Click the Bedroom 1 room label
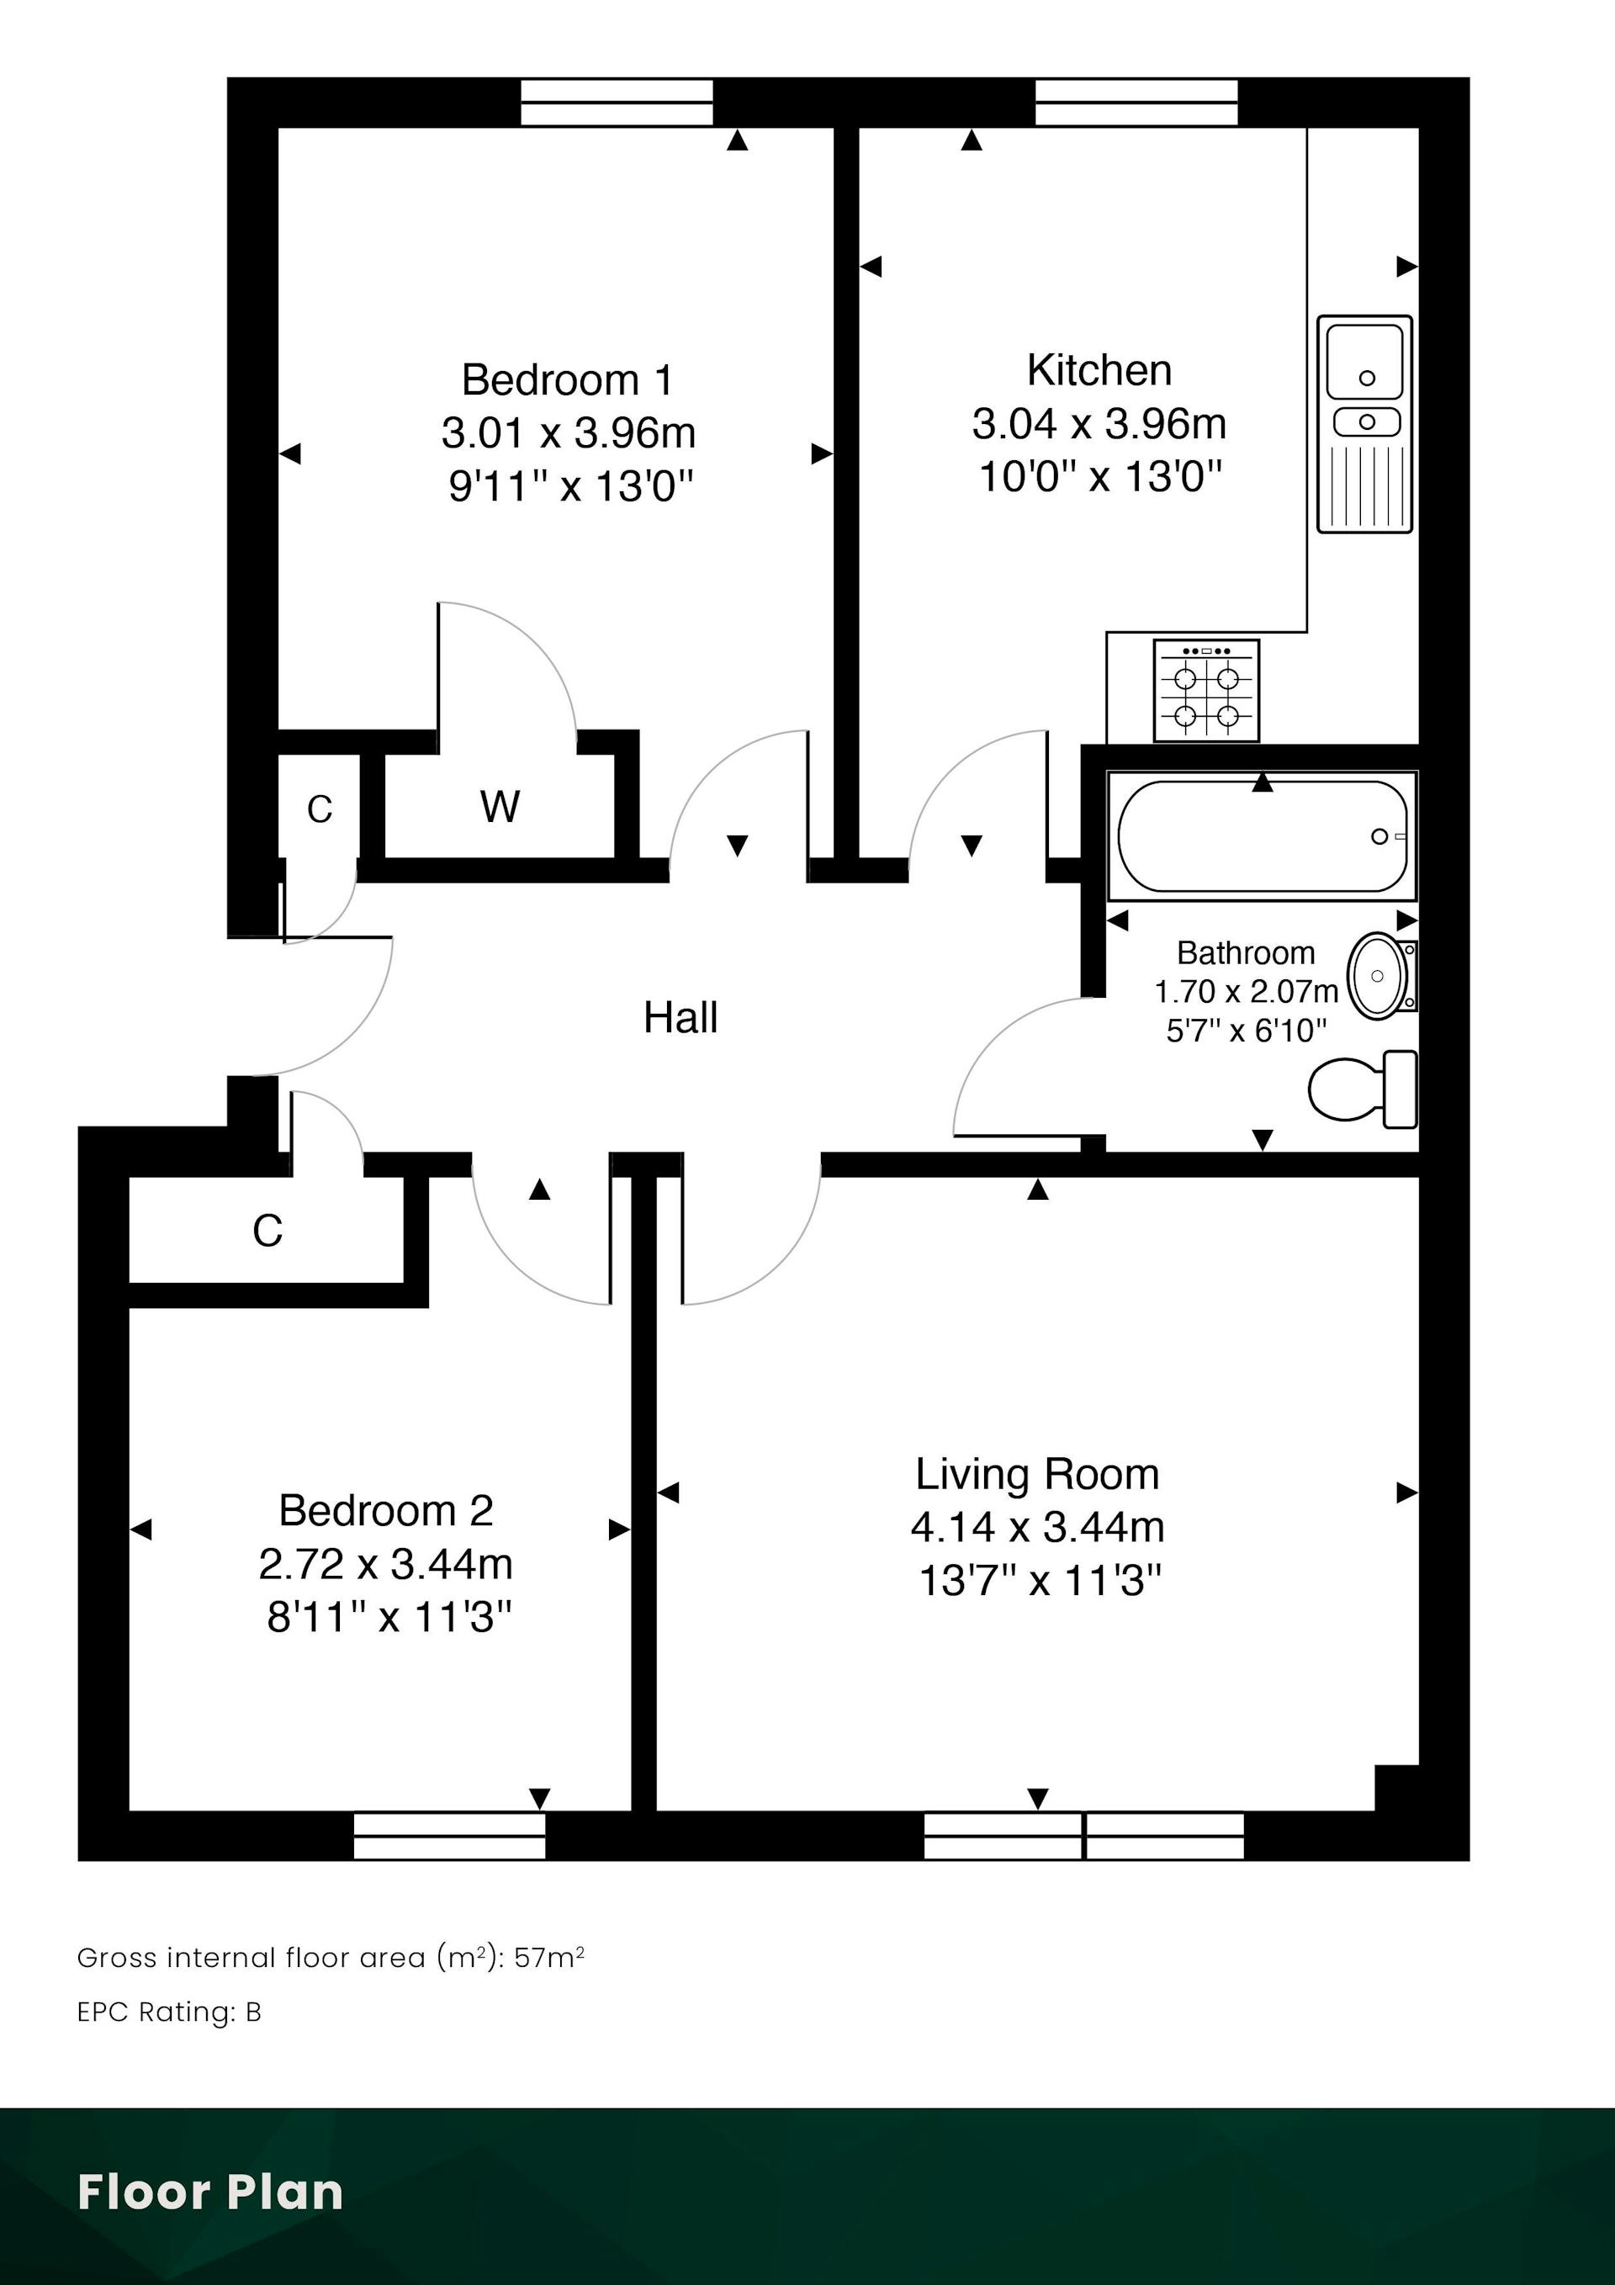click(x=567, y=380)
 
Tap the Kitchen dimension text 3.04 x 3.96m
click(x=1099, y=424)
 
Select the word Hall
click(x=680, y=1017)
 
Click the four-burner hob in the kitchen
click(x=1206, y=691)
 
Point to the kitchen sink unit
click(x=1365, y=424)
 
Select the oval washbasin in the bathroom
click(x=1377, y=975)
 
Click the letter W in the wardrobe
click(x=500, y=806)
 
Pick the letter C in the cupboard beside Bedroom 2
click(x=267, y=1231)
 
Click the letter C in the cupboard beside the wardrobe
click(x=320, y=810)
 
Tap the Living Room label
click(x=1037, y=1474)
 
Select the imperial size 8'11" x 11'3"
click(x=389, y=1617)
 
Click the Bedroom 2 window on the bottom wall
click(x=450, y=1835)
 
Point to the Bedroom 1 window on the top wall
click(x=617, y=103)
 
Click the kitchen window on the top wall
click(x=1136, y=103)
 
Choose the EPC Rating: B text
click(x=169, y=2012)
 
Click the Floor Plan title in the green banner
click(x=210, y=2192)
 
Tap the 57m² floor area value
click(x=549, y=1958)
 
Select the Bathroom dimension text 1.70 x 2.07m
click(x=1246, y=991)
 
